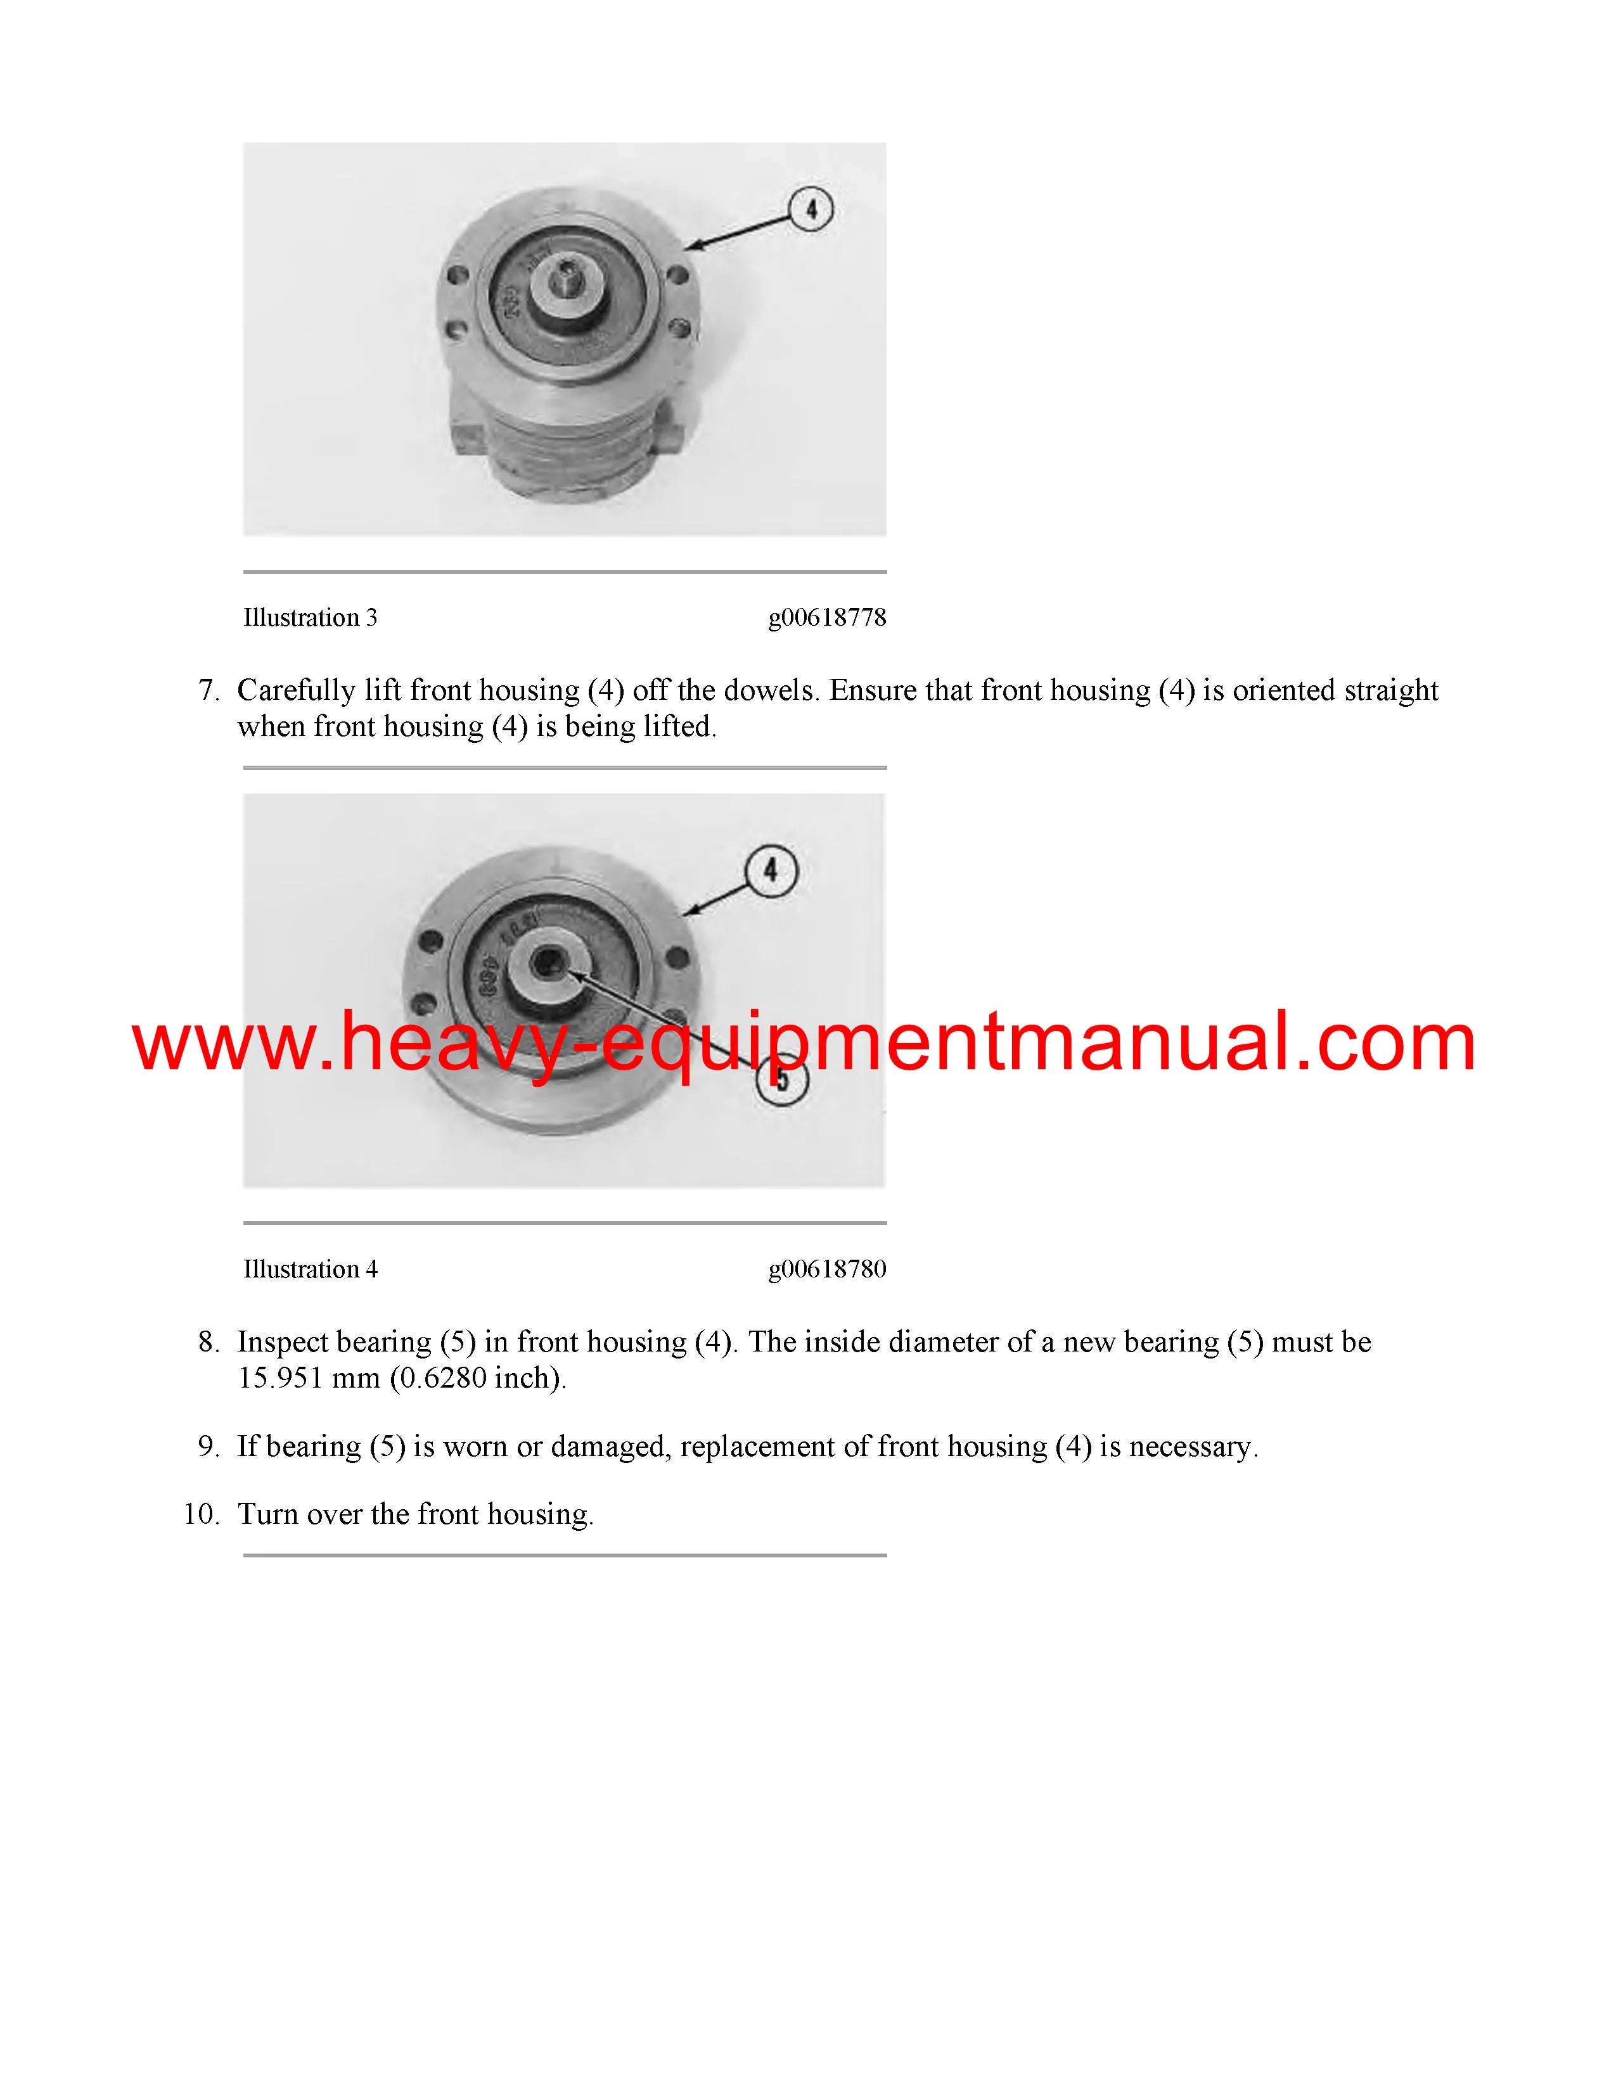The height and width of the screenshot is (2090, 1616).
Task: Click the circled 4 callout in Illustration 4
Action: [770, 871]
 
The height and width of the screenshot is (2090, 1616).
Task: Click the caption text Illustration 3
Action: [310, 617]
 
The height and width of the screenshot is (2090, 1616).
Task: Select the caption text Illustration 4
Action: [310, 1269]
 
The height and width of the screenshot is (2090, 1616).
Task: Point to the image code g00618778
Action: [827, 618]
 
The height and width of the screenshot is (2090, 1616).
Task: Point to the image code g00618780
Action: [827, 1270]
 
